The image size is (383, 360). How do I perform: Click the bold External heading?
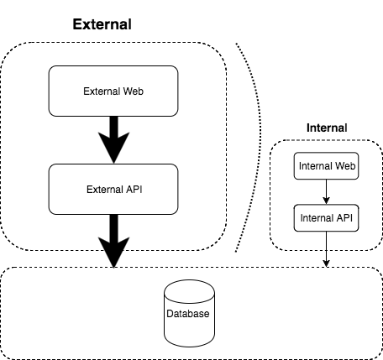pyautogui.click(x=102, y=23)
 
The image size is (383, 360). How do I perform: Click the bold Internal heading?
pyautogui.click(x=326, y=128)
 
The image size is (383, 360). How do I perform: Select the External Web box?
pyautogui.click(x=113, y=91)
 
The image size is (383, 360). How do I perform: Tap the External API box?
pyautogui.click(x=113, y=188)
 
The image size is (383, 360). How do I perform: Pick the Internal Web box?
pyautogui.click(x=326, y=166)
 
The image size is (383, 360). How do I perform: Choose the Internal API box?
pyautogui.click(x=326, y=218)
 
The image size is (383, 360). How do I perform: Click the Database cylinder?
pyautogui.click(x=188, y=314)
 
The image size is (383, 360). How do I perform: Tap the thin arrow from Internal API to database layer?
pyautogui.click(x=326, y=248)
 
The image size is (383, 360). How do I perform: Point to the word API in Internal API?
pyautogui.click(x=344, y=218)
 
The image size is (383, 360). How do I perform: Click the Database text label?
pyautogui.click(x=188, y=316)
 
